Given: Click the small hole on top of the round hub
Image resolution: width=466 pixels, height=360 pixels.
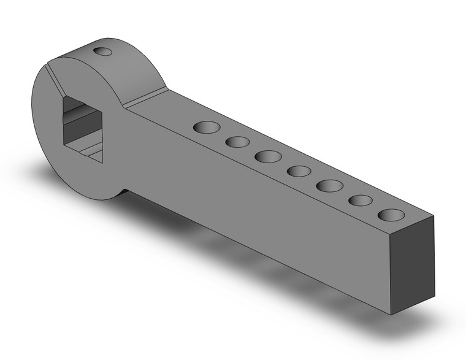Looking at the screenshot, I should point(104,51).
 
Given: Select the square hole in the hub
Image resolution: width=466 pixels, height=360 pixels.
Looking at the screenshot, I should point(83,129).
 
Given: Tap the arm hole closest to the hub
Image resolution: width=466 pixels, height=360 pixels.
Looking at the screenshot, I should point(207,128).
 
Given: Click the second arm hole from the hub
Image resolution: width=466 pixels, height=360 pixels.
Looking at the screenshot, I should point(237,142).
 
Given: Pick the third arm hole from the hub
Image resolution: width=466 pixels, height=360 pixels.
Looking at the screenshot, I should point(268,156).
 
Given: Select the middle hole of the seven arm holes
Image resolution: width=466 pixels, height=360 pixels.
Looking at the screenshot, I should point(299,170).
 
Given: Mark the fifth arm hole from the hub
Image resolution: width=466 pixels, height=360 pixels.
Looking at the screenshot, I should point(330,185).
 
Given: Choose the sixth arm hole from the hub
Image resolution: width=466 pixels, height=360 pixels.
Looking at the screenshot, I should point(361,201).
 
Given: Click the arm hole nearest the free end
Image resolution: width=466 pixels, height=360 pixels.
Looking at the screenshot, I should point(391,215).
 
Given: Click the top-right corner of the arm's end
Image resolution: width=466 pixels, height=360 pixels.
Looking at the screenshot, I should point(434,216).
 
